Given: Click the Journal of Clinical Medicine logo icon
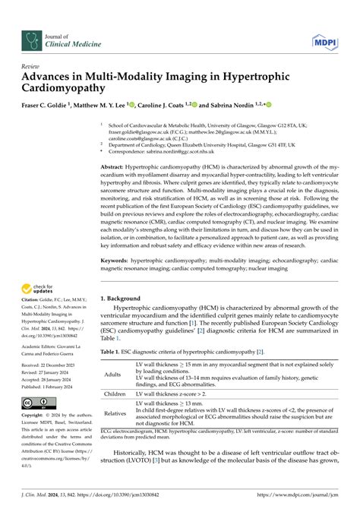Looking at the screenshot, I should click(x=33, y=40).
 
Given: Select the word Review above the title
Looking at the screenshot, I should click(x=32, y=66).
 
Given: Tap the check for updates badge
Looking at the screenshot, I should click(x=41, y=289).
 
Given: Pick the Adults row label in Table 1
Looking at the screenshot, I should click(x=112, y=375).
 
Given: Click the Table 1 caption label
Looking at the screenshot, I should click(x=113, y=352).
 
